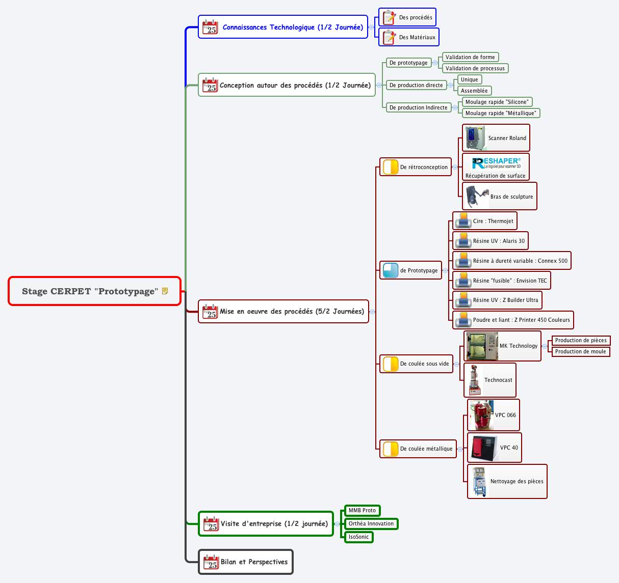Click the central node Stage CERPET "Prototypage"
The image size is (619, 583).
(90, 291)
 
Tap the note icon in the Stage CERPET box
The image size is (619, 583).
(165, 291)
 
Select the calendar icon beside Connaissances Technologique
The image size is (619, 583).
(210, 27)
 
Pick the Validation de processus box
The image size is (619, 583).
(475, 68)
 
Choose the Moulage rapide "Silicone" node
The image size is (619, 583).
(497, 102)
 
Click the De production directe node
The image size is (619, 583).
(416, 85)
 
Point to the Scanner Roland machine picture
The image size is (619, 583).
(475, 138)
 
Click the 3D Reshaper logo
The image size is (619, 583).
(496, 163)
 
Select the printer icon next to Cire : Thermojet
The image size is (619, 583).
(463, 221)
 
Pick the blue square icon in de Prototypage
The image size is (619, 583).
(391, 270)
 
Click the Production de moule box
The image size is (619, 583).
(580, 351)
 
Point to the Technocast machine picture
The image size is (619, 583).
(474, 380)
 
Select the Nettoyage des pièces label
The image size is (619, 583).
(517, 481)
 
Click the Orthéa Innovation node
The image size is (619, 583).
(371, 523)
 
